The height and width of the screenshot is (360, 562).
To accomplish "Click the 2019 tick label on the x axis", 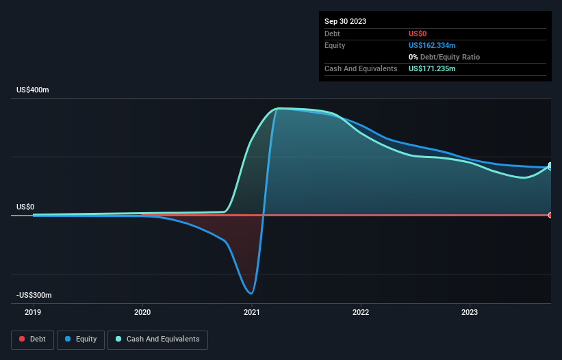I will tap(33, 313).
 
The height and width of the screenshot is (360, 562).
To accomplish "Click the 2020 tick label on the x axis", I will tap(142, 313).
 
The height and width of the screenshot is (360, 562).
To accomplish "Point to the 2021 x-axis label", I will tap(251, 313).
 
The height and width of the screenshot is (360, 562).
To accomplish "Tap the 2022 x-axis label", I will tap(361, 313).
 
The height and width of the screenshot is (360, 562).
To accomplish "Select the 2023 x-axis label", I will tap(470, 313).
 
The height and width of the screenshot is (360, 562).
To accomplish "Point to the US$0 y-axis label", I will tap(25, 207).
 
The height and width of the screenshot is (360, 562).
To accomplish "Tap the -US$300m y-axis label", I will tap(35, 295).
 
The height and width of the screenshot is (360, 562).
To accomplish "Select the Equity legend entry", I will tap(81, 339).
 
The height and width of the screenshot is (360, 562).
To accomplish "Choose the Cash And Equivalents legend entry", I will tap(157, 339).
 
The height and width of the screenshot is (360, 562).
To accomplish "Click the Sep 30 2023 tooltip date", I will tap(345, 21).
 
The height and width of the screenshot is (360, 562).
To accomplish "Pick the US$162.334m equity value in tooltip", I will tap(432, 45).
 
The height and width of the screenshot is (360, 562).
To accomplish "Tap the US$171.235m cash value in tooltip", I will tap(432, 68).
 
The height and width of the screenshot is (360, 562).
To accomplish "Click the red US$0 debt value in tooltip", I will tap(418, 34).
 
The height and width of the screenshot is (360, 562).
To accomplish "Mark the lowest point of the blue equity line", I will tap(252, 294).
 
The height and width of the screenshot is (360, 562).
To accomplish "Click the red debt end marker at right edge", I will tap(550, 215).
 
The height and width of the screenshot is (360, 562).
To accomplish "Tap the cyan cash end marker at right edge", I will tap(550, 166).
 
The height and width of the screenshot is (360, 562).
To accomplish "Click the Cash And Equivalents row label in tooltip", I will tap(361, 68).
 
